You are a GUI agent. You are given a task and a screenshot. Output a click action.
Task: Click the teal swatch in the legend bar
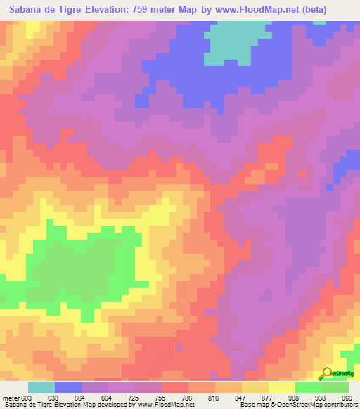click(41, 388)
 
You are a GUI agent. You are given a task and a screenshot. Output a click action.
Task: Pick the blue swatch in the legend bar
click(68, 388)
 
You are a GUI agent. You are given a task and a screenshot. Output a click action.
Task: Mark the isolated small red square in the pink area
click(303, 172)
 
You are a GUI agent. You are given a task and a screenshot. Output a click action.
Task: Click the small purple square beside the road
click(181, 346)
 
